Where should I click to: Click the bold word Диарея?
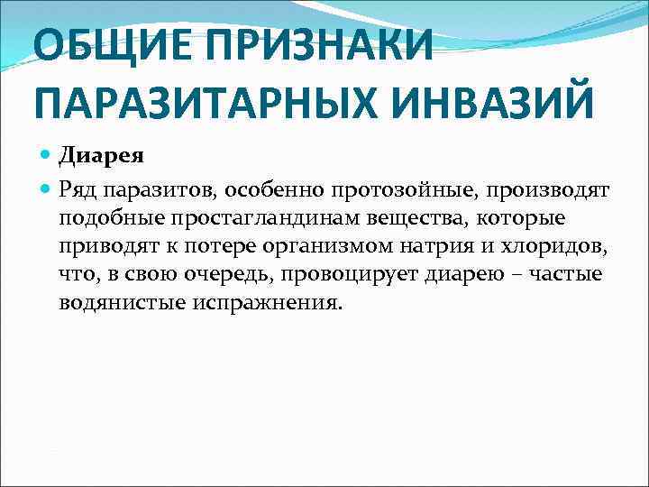[x=102, y=156]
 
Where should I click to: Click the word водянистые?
[x=122, y=302]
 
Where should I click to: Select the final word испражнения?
[x=268, y=303]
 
